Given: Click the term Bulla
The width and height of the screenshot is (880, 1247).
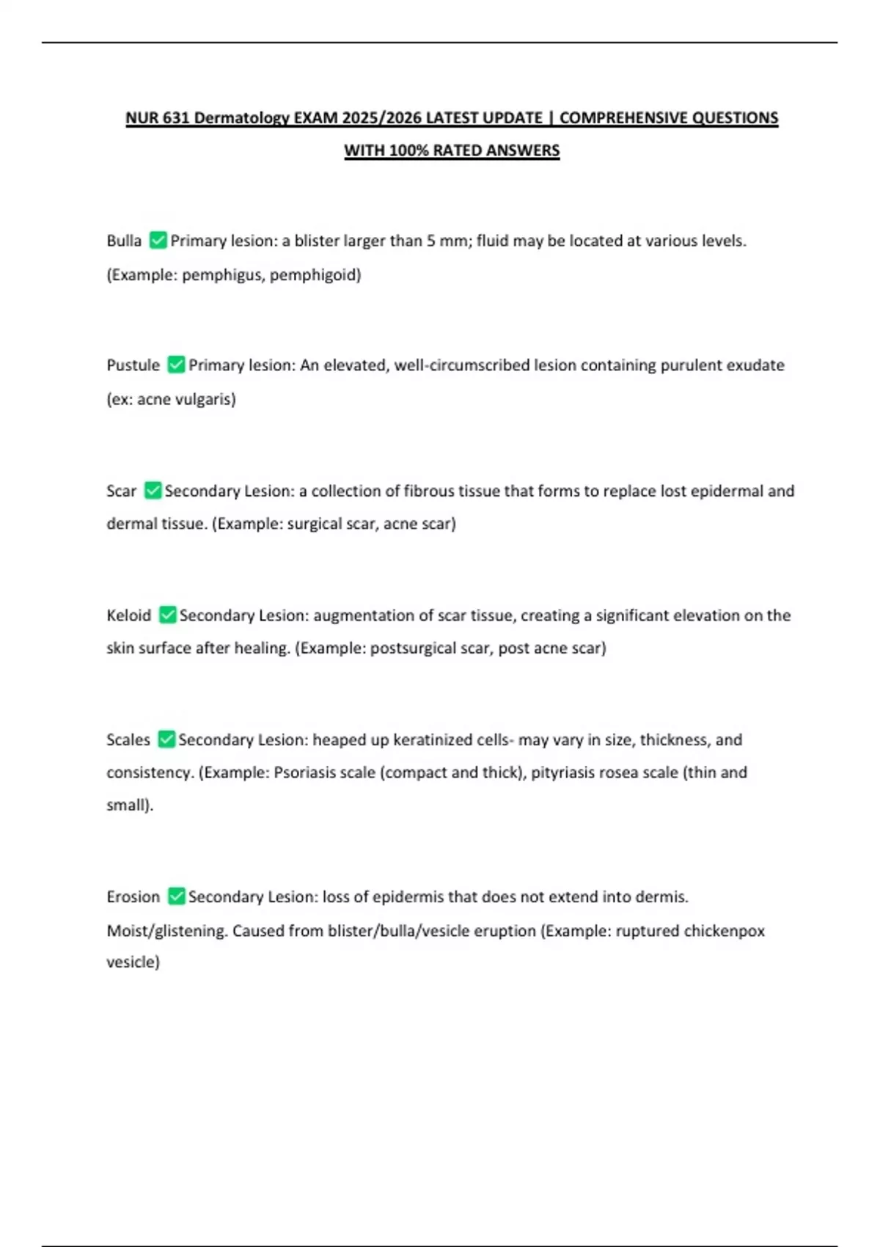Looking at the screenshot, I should pos(124,241).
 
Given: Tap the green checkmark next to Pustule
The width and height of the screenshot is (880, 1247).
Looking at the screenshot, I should pos(176,365).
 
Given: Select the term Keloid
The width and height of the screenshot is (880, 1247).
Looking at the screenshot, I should pos(128,615).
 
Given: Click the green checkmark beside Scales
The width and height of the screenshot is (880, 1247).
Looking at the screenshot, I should pos(166,739).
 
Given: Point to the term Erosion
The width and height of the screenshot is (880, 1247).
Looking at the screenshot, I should pos(133,896).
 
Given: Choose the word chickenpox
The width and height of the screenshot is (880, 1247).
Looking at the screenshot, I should pos(725,931).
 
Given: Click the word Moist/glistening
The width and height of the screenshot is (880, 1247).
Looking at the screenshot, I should pos(167,931).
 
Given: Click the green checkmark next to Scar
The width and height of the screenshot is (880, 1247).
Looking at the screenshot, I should pos(153,491).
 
